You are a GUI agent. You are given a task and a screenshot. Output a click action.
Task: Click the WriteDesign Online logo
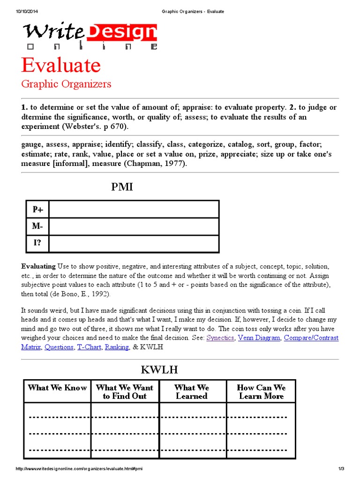pyautogui.click(x=90, y=36)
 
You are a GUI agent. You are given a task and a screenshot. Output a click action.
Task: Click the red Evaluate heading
pyautogui.click(x=61, y=65)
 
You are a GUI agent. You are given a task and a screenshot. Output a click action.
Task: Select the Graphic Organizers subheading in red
pyautogui.click(x=66, y=84)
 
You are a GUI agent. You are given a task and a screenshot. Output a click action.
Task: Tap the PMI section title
pyautogui.click(x=122, y=187)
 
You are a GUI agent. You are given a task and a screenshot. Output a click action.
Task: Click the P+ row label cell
pyautogui.click(x=37, y=210)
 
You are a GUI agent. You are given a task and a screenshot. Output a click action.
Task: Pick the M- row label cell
pyautogui.click(x=37, y=226)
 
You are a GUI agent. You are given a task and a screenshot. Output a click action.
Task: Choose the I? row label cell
pyautogui.click(x=37, y=244)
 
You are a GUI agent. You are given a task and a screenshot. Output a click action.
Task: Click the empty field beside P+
pyautogui.click(x=134, y=210)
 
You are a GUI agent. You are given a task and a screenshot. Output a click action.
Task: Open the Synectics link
pyautogui.click(x=220, y=337)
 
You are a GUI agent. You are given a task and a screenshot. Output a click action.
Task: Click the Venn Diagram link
pyautogui.click(x=259, y=337)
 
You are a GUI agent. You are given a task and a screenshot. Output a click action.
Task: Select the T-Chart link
pyautogui.click(x=89, y=347)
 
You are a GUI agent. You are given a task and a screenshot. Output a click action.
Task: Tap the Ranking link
pyautogui.click(x=117, y=347)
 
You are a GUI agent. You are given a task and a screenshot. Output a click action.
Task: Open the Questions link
pyautogui.click(x=59, y=347)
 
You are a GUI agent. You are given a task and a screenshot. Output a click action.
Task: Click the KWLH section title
pyautogui.click(x=159, y=370)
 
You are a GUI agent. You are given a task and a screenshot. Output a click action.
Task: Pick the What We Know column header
pyautogui.click(x=57, y=388)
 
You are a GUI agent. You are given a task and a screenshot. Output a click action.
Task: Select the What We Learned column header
pyautogui.click(x=192, y=392)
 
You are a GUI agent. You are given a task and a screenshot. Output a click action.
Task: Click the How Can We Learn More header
pyautogui.click(x=261, y=392)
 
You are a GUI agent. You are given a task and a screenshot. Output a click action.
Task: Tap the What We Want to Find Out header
pyautogui.click(x=125, y=392)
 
